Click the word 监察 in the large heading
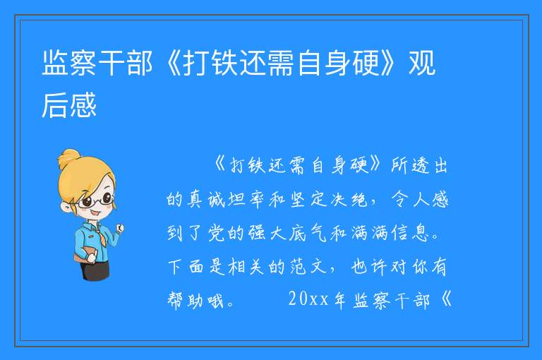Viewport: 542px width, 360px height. click(x=68, y=63)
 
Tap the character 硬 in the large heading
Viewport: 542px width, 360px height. click(x=366, y=63)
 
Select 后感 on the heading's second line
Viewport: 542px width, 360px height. click(x=68, y=105)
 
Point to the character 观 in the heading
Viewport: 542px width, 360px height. click(x=422, y=63)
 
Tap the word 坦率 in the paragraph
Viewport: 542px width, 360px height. click(x=247, y=200)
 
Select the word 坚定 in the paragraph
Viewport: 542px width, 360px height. click(x=308, y=200)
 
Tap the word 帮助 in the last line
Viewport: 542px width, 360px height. click(x=186, y=300)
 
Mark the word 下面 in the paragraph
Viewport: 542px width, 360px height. click(x=186, y=267)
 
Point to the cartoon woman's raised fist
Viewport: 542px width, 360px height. click(x=120, y=228)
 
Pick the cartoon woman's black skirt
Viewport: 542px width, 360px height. click(x=95, y=270)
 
